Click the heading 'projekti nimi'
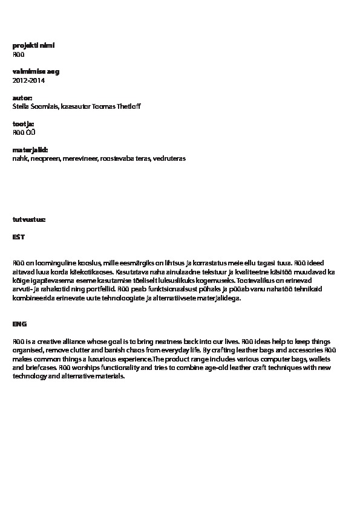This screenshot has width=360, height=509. point(33,45)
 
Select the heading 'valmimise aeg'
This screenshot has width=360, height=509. point(36,71)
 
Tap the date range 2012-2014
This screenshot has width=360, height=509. point(28,80)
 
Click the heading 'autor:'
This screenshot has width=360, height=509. point(22,97)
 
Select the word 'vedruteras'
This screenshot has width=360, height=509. point(169,158)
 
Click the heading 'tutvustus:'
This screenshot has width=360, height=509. point(28,219)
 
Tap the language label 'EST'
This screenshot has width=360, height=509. point(19,237)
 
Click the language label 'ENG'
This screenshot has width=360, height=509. point(19,324)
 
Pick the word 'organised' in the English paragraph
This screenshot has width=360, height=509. point(27,350)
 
